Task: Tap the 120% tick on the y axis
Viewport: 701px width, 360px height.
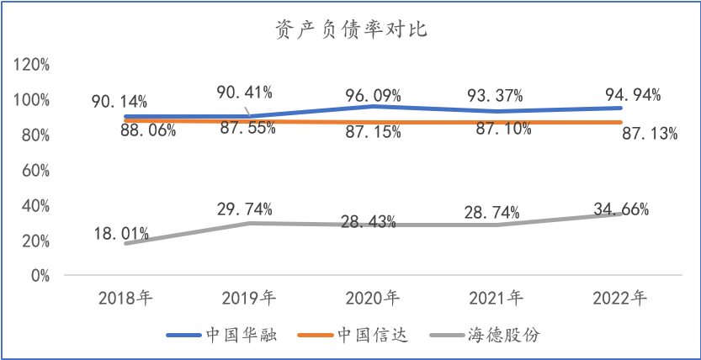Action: click(x=33, y=65)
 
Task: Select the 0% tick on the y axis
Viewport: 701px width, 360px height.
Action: click(x=40, y=275)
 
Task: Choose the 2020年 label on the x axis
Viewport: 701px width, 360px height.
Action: click(x=371, y=297)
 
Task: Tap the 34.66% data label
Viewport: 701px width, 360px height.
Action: click(x=620, y=209)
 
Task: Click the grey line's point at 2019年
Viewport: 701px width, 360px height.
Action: click(x=248, y=223)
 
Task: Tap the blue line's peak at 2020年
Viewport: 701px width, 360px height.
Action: click(x=372, y=106)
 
